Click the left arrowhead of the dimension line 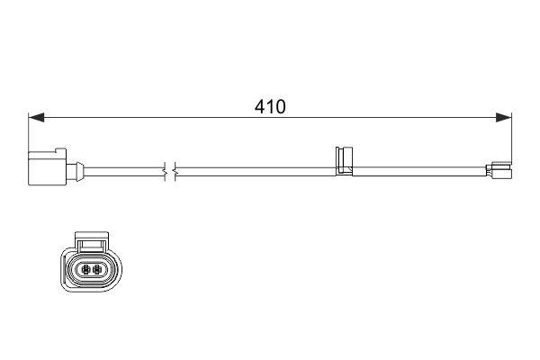pyautogui.click(x=36, y=117)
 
